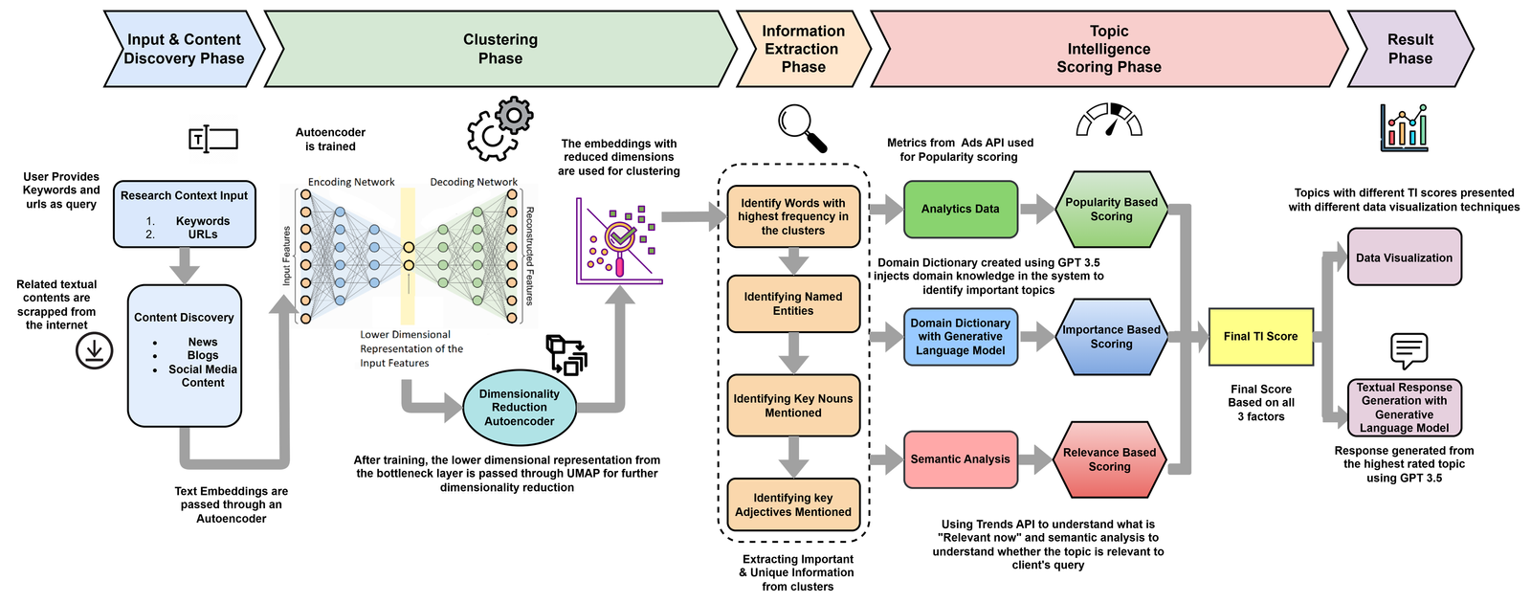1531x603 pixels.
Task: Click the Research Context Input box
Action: [x=184, y=214]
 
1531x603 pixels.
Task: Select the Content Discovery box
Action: [x=184, y=355]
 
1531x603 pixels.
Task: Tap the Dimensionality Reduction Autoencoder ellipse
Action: [x=520, y=408]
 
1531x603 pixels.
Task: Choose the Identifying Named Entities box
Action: [x=793, y=303]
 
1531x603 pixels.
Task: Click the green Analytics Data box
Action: [x=961, y=210]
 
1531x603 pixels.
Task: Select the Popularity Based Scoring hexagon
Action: [x=1111, y=210]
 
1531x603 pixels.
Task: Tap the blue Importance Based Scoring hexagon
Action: [x=1111, y=336]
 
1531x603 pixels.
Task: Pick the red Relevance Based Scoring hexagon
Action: [x=1109, y=459]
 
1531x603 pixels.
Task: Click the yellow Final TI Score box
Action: [x=1260, y=336]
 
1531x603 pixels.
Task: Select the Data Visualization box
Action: [x=1404, y=257]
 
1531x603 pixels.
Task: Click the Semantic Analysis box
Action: [x=961, y=459]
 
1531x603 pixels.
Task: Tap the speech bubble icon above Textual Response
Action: [x=1409, y=350]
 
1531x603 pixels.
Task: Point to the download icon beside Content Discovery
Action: [x=95, y=350]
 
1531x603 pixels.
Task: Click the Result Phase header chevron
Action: [x=1410, y=49]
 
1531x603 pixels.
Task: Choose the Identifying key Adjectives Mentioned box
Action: [x=793, y=504]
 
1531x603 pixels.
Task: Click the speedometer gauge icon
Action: [x=1109, y=120]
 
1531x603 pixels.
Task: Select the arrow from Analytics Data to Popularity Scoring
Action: [x=1036, y=210]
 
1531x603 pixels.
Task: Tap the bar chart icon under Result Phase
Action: [x=1404, y=128]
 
